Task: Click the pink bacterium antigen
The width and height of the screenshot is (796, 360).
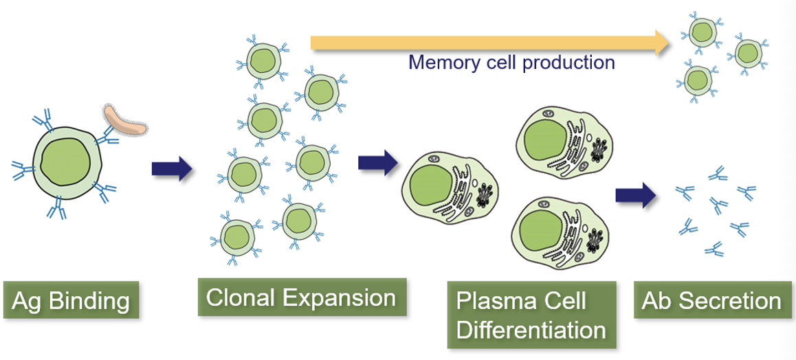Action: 124,118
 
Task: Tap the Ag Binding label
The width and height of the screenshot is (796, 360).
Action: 71,300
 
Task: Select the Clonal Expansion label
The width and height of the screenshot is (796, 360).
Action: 301,297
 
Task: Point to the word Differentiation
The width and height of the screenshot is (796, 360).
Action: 531,330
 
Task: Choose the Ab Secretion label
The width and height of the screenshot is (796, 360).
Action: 711,301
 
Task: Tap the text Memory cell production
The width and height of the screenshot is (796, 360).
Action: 511,63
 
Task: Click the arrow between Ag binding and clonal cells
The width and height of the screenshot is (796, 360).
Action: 172,168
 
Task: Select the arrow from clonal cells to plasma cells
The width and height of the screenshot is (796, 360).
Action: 377,163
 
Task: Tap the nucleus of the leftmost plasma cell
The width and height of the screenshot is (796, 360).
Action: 430,183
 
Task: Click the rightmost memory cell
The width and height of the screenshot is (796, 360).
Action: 747,53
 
